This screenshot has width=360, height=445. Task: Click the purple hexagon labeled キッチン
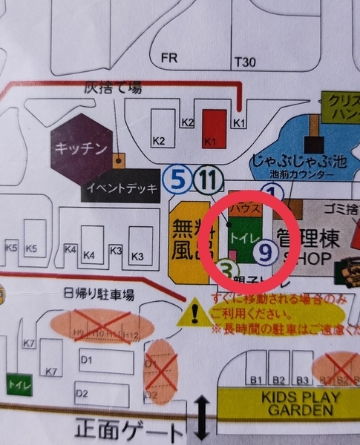tap(81, 146)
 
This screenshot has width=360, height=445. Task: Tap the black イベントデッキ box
tap(120, 188)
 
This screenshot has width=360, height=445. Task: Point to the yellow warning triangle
tap(195, 313)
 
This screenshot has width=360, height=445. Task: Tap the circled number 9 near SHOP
tap(265, 253)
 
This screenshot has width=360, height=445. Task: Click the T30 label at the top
tap(243, 62)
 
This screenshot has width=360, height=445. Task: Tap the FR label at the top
tap(169, 56)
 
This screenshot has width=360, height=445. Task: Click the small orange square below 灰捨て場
tap(117, 159)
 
